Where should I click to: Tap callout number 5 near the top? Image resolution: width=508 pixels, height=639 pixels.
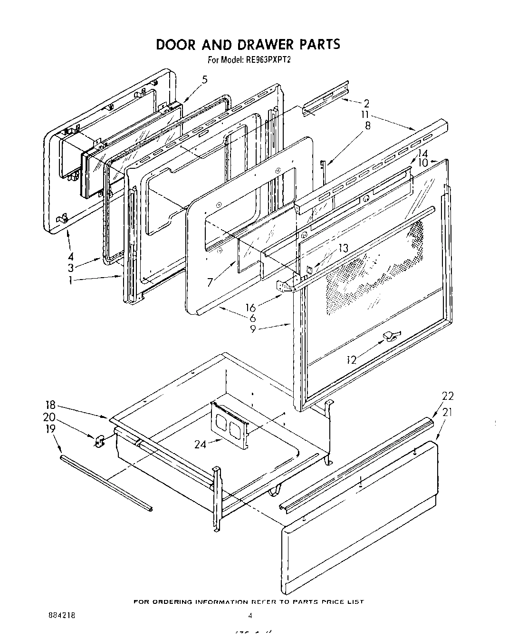click(x=204, y=80)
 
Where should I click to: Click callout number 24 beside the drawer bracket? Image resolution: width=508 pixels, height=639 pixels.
click(x=201, y=445)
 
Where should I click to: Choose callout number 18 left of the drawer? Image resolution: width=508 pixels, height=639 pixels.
click(x=50, y=405)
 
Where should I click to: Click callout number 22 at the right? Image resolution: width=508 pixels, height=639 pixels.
click(x=448, y=396)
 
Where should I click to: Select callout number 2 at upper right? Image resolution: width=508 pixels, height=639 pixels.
click(x=366, y=103)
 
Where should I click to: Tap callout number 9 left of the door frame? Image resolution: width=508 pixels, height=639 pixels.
click(x=253, y=329)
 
